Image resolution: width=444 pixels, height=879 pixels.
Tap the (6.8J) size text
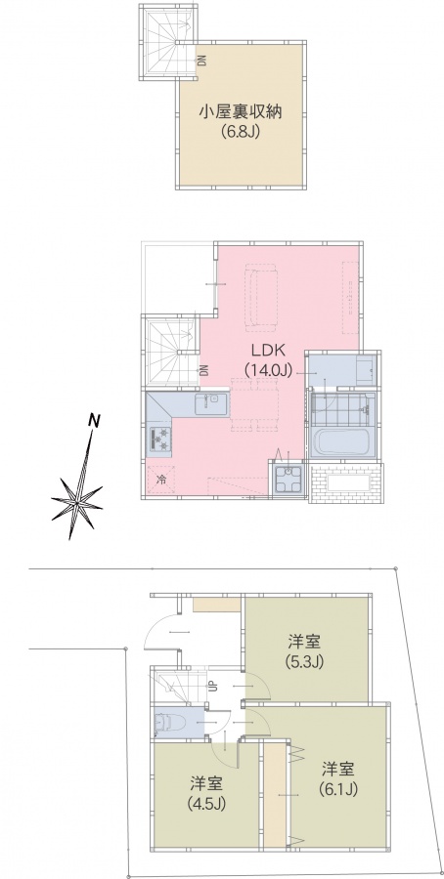point(241,133)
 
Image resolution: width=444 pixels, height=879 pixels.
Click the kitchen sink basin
point(210,403)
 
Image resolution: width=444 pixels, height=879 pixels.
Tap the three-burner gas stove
point(159,439)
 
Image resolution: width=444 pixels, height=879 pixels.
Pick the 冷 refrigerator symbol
point(161,480)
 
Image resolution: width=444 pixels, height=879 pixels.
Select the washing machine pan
point(289,480)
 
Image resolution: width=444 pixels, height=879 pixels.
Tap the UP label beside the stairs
point(214,686)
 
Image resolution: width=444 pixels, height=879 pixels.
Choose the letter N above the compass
point(96,420)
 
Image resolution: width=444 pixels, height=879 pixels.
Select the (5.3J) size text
point(305,661)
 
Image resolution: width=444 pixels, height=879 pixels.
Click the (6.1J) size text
point(338,789)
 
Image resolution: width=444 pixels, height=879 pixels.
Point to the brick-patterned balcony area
point(346,482)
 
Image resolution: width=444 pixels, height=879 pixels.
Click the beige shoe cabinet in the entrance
point(217,605)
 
